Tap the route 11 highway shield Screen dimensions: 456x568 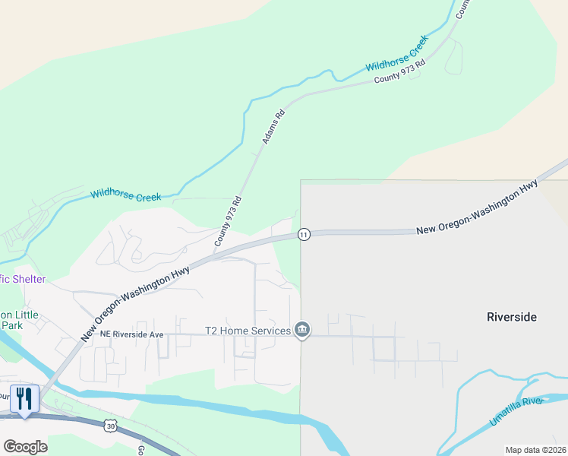[303, 234]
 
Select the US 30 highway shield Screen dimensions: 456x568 [111, 427]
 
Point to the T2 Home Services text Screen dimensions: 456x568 [248, 331]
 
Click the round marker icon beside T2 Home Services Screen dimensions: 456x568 [302, 330]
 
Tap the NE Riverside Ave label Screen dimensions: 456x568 [125, 334]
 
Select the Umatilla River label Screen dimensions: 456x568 [517, 410]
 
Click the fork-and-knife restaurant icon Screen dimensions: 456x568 [24, 397]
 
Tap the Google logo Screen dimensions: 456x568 [25, 447]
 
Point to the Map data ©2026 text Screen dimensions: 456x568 [535, 450]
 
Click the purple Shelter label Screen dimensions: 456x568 [23, 279]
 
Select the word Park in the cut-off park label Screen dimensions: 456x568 [11, 325]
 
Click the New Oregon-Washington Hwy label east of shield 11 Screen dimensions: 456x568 [477, 207]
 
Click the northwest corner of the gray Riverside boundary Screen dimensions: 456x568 [301, 181]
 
